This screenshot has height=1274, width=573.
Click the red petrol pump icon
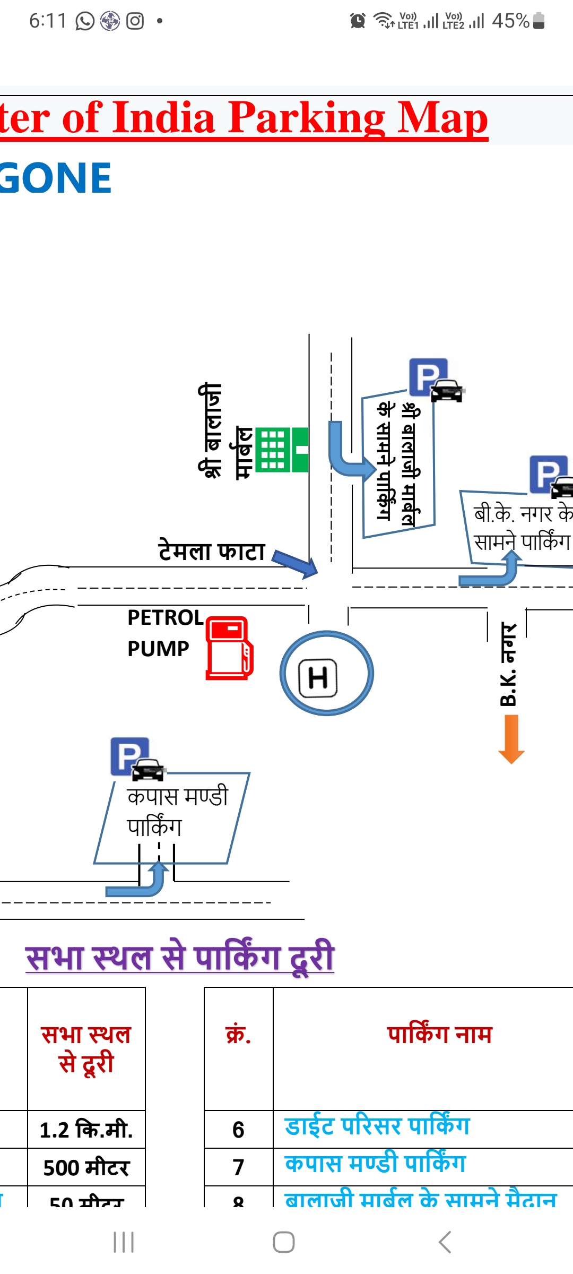click(229, 648)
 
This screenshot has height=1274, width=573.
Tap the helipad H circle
click(327, 673)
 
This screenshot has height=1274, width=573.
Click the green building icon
click(282, 450)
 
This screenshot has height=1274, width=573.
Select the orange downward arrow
click(511, 739)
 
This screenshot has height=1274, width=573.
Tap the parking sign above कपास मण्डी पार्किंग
click(130, 756)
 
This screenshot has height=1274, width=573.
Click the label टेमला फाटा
click(212, 551)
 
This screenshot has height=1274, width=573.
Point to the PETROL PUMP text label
click(164, 633)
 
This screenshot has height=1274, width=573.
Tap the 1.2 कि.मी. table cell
click(86, 1130)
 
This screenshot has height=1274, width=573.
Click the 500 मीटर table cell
click(86, 1167)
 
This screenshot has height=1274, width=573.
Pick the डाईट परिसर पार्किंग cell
click(377, 1126)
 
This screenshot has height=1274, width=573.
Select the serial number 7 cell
click(238, 1167)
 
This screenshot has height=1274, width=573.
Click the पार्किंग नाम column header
click(439, 1034)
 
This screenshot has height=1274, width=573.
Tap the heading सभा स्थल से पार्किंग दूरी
click(180, 957)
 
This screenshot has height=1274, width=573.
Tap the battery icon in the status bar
click(539, 21)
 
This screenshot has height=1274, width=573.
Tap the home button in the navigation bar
click(284, 1242)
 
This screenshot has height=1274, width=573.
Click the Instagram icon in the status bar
click(135, 21)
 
